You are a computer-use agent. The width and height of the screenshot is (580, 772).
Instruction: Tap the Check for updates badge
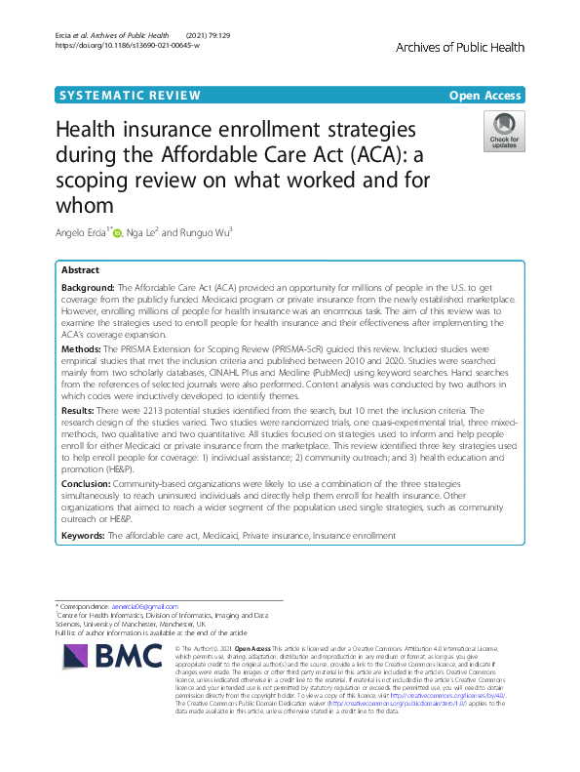(504, 132)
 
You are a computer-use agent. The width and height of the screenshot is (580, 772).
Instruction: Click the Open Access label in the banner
(486, 95)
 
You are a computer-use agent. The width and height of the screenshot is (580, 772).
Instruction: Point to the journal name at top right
(460, 47)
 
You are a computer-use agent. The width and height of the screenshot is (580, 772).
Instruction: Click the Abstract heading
(80, 269)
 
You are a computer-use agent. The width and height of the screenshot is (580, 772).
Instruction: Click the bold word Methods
(82, 348)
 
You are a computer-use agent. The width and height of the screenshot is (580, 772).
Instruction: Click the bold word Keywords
(85, 536)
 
